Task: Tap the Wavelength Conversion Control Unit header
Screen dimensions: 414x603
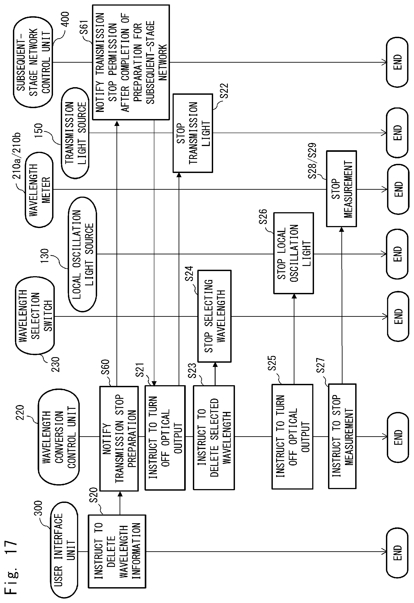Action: coord(59,436)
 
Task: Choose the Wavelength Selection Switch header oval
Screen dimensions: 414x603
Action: coord(35,316)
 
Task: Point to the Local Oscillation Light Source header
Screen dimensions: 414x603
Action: coord(82,254)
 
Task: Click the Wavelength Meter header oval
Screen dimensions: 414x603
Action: coord(39,190)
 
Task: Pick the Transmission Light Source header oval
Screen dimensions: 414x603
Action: coord(75,133)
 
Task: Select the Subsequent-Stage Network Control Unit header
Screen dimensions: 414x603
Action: coord(33,62)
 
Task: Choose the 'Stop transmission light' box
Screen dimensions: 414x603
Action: coord(193,133)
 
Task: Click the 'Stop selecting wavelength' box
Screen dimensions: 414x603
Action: coord(214,316)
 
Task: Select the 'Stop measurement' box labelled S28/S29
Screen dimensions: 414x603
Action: coord(341,189)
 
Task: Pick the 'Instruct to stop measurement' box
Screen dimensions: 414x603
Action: coord(342,436)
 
